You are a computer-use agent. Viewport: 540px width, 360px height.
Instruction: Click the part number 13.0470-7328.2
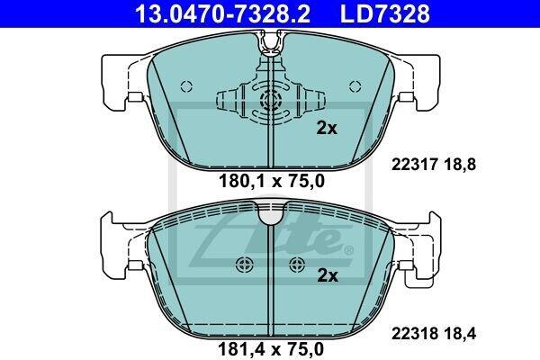point(223,13)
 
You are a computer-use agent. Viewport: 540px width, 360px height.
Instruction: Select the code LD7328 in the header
point(385,13)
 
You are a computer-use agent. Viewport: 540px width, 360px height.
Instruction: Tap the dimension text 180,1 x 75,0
point(272,181)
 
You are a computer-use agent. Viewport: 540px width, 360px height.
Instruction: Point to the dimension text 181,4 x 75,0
point(271,349)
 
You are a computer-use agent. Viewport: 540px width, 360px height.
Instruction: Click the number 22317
point(414,165)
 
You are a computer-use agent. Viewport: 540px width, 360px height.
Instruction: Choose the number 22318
point(414,334)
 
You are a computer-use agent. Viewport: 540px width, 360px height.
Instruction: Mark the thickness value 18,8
point(459,165)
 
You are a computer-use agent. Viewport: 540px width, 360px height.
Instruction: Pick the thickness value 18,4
point(459,334)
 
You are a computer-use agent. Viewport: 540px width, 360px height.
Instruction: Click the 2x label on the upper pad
point(327,129)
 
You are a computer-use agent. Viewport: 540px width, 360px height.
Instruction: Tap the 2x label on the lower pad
point(328,276)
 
